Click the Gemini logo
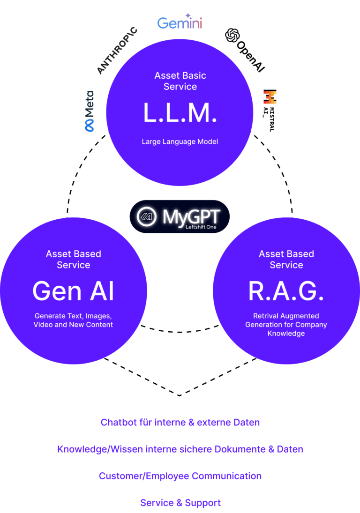[180, 21]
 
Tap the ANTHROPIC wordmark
[117, 51]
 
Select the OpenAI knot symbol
[232, 36]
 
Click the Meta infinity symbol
[90, 125]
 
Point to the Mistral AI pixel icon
[270, 97]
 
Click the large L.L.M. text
[180, 113]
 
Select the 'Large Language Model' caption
[180, 141]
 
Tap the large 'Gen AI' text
[73, 291]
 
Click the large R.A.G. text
[286, 291]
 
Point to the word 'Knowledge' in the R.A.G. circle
[286, 334]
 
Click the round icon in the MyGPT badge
[146, 216]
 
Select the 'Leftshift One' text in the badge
[201, 227]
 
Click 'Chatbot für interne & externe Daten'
[180, 423]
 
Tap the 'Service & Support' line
[180, 503]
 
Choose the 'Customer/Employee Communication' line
[180, 476]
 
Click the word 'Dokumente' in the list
[240, 449]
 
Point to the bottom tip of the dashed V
[180, 396]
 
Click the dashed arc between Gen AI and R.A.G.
[180, 332]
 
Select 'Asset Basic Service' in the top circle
[180, 81]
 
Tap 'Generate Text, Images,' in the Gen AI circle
[73, 316]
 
